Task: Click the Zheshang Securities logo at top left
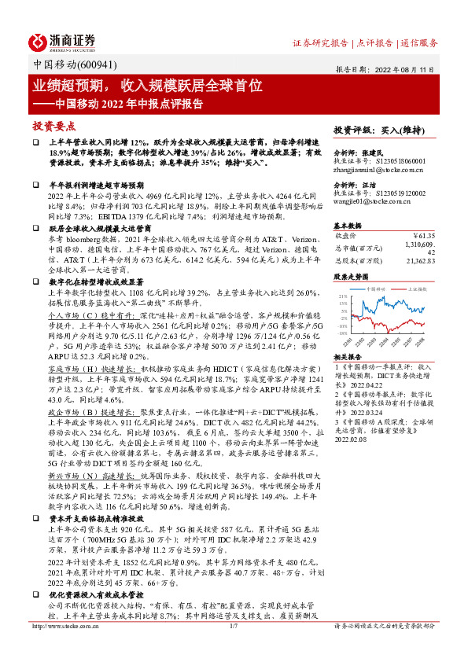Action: coord(63,41)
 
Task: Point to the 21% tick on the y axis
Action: coord(343,296)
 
